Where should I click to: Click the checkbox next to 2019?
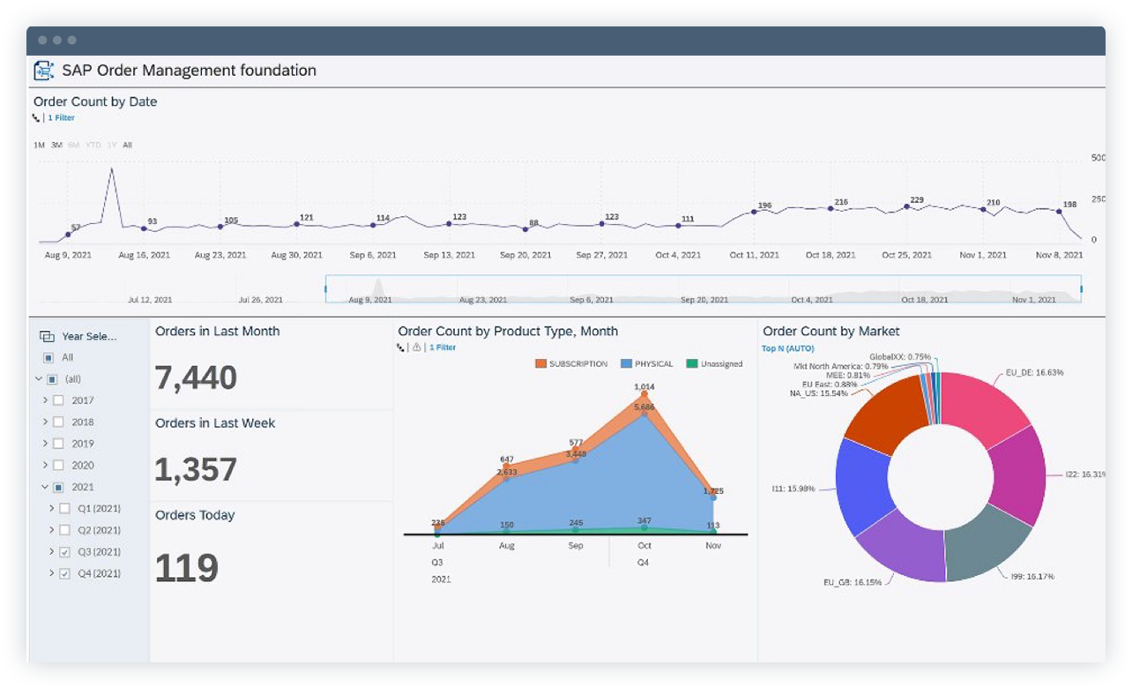tap(58, 444)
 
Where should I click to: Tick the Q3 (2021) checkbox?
tap(64, 552)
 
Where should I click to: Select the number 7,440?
tap(196, 378)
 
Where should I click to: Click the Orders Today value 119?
tap(186, 569)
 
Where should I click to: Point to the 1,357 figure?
tap(196, 470)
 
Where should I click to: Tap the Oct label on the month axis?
tap(644, 546)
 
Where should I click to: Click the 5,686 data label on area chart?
tap(644, 407)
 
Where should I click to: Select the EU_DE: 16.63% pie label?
tap(1034, 372)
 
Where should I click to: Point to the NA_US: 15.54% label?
tap(818, 393)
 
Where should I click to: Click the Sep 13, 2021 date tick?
tap(449, 255)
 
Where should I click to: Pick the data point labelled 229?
tap(907, 207)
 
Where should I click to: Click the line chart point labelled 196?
tap(755, 212)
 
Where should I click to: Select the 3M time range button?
tap(56, 145)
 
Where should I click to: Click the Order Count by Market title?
tap(830, 332)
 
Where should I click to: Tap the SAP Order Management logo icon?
tap(44, 71)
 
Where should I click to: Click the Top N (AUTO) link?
tap(788, 348)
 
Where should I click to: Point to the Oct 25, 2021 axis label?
tap(906, 255)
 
